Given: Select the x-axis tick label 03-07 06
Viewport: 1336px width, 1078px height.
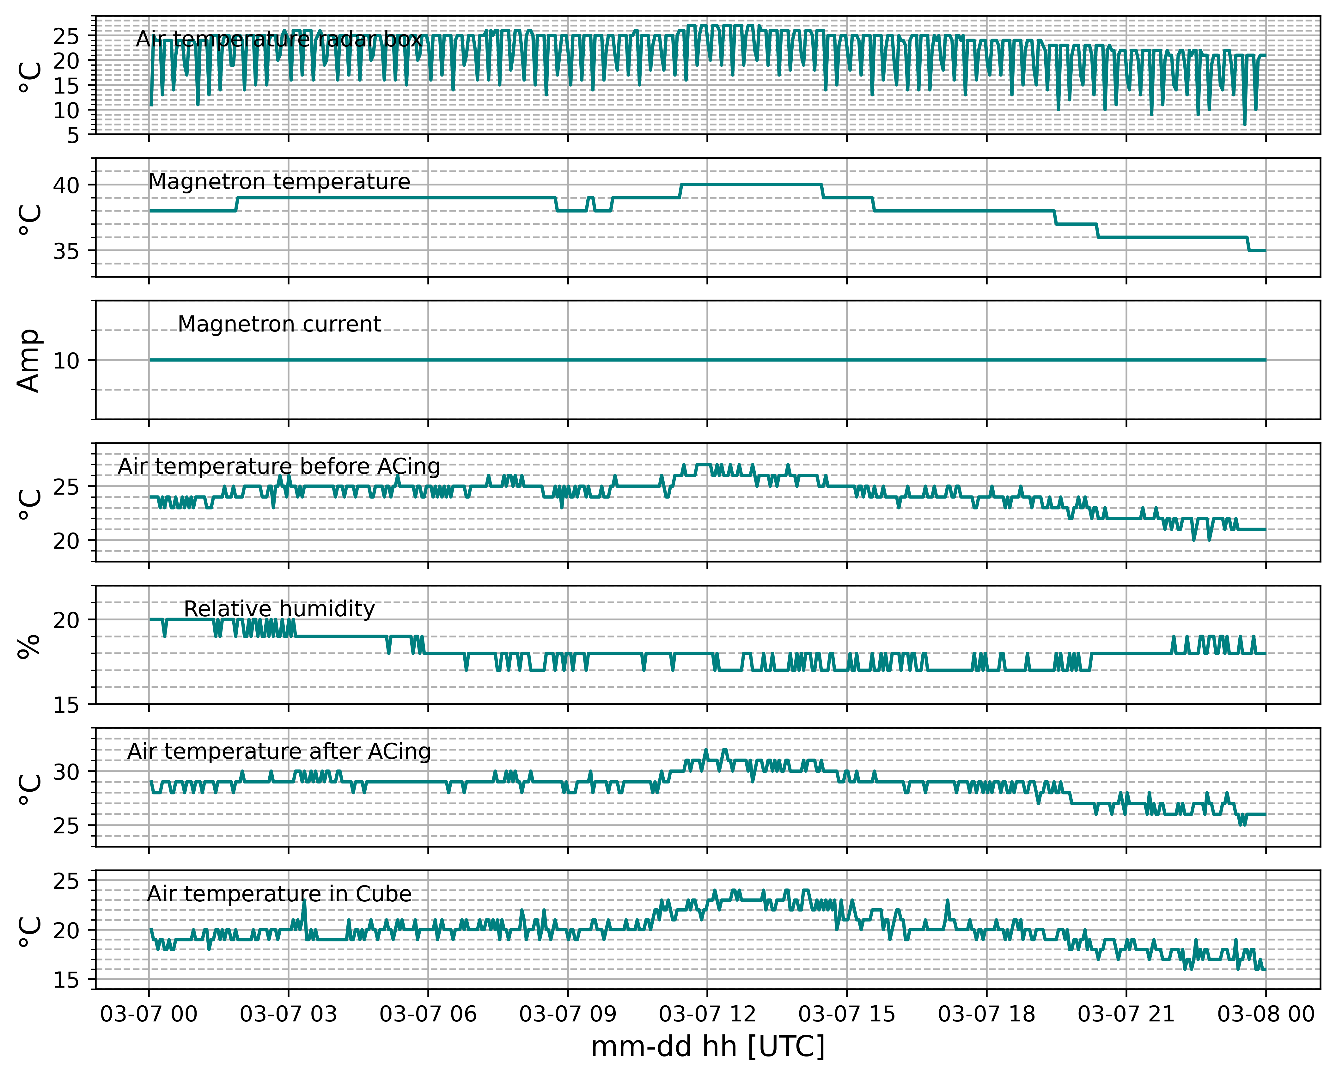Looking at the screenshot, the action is pyautogui.click(x=428, y=1014).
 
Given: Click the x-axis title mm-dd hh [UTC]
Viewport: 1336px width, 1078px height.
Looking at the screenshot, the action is pyautogui.click(x=707, y=1047).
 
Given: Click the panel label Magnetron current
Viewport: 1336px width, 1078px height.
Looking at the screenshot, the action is pyautogui.click(x=279, y=324).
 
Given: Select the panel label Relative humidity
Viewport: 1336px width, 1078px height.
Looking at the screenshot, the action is pyautogui.click(x=279, y=609).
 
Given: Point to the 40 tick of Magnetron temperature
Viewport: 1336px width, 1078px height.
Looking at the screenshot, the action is pyautogui.click(x=66, y=185).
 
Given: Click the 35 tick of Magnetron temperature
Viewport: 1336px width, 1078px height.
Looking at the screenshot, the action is pyautogui.click(x=66, y=252).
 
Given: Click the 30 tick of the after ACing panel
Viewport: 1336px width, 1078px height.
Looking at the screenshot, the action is pyautogui.click(x=66, y=772).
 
